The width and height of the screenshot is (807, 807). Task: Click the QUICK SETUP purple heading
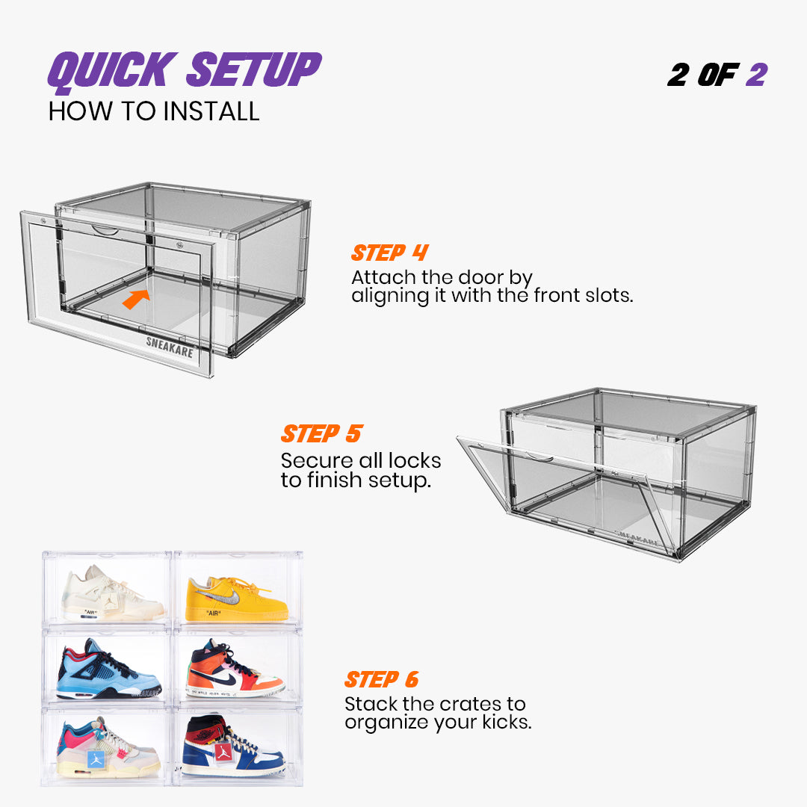pos(184,69)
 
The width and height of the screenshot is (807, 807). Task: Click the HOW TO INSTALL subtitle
pos(154,111)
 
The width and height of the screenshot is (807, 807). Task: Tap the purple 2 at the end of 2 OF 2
pos(755,75)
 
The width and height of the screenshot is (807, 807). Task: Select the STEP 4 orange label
pos(389,253)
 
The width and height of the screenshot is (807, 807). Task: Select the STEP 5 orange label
pos(321,433)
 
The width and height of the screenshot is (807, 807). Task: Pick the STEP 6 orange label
pos(381,679)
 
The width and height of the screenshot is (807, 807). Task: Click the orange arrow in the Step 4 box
pos(135,298)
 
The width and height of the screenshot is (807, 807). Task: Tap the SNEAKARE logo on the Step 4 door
pos(169,346)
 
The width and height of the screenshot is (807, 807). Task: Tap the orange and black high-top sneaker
pos(232,670)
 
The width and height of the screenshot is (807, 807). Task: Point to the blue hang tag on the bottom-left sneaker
pos(95,760)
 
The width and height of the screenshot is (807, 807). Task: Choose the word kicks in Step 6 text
pos(501,723)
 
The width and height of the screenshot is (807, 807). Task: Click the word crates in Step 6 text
pos(472,704)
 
